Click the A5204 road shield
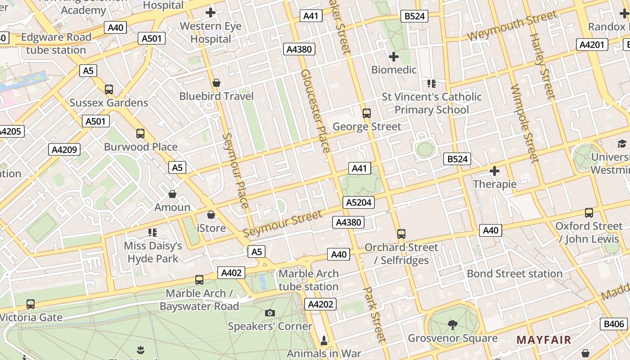(x=359, y=202)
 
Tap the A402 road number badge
(x=232, y=272)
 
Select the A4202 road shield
(x=320, y=304)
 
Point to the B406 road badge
(x=614, y=324)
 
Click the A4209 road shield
(x=64, y=149)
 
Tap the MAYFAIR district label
(x=544, y=340)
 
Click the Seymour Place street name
(x=235, y=171)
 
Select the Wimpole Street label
(x=524, y=124)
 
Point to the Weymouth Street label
(x=512, y=27)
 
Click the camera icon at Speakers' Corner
(x=270, y=313)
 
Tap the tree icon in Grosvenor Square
(x=453, y=324)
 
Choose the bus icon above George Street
(x=367, y=113)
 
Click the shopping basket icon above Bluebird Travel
(x=216, y=83)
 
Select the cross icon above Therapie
(x=495, y=171)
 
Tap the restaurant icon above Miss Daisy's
(x=153, y=232)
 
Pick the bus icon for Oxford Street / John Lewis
(x=589, y=212)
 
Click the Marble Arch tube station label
(x=308, y=280)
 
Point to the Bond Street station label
(x=514, y=274)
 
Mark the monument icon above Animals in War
(x=324, y=340)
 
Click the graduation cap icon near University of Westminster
(x=622, y=144)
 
